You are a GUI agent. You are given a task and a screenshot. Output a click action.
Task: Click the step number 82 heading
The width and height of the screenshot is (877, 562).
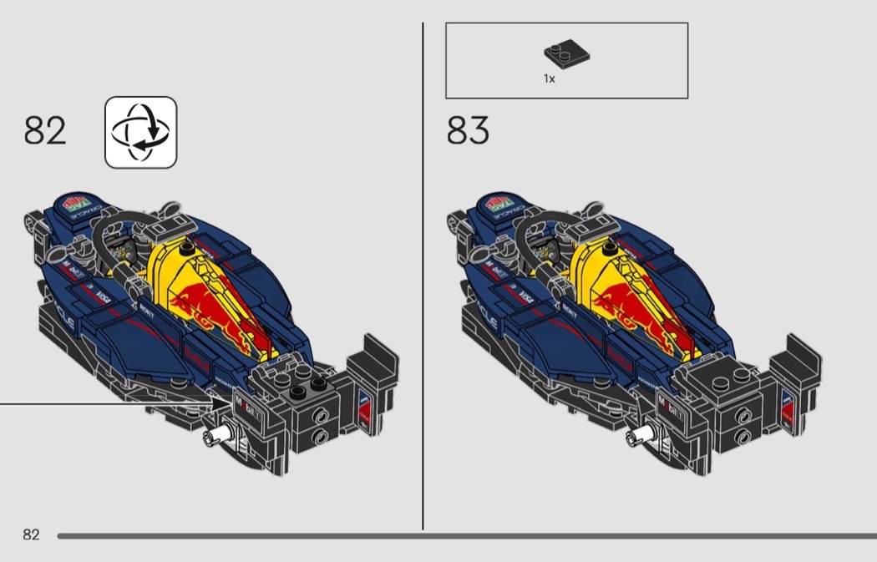45,131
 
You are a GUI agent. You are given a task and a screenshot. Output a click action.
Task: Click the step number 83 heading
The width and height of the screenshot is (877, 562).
468,131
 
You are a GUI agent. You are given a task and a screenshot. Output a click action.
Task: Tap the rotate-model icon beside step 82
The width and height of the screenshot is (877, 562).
140,132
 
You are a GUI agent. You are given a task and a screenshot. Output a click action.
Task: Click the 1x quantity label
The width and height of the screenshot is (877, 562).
549,78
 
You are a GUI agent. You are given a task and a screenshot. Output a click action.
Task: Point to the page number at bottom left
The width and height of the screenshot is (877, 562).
31,534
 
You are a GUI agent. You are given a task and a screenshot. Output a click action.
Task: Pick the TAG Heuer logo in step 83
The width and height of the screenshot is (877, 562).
499,205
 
